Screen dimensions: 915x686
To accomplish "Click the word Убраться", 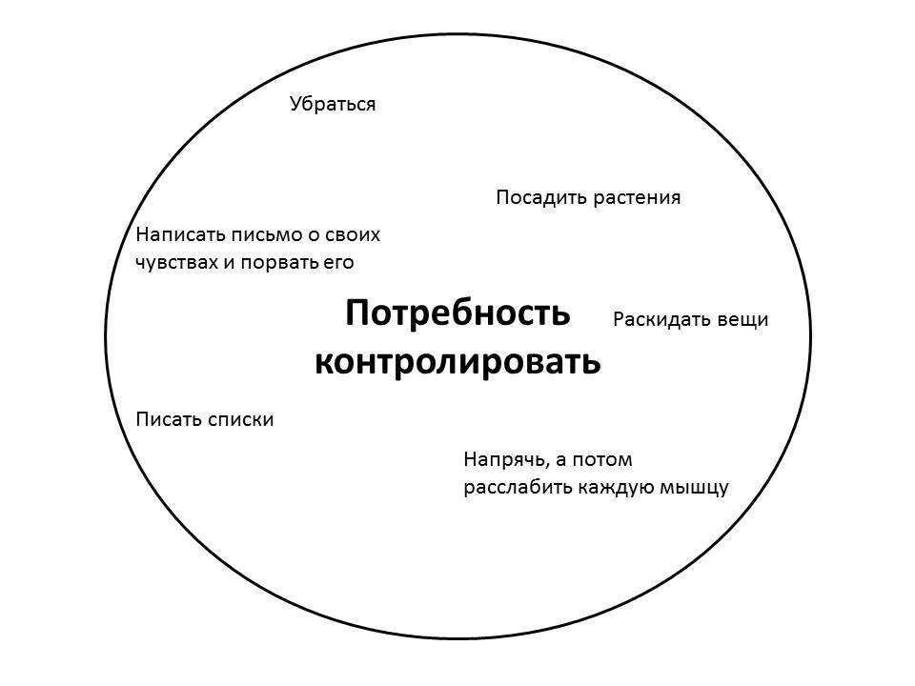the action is [x=333, y=104].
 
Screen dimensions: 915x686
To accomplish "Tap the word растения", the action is [x=637, y=198].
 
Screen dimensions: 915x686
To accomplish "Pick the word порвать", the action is [x=280, y=262].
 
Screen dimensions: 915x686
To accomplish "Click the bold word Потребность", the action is [x=457, y=313].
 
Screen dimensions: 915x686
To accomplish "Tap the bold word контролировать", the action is [x=457, y=362].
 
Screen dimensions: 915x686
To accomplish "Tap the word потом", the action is [x=605, y=460].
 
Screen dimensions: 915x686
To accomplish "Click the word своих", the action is [x=353, y=234].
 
